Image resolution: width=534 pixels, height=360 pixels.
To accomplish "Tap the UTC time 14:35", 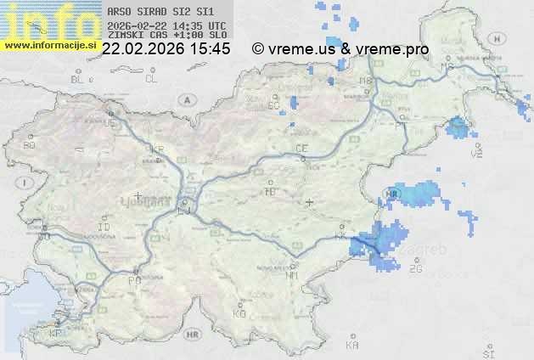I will point(191,25).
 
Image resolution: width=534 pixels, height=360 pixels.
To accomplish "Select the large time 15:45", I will point(210,49).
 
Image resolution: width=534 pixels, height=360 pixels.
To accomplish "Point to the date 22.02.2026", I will point(143,49).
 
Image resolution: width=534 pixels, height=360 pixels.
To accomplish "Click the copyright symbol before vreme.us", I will point(258,49).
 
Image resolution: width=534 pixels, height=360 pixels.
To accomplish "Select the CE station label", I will point(301,149).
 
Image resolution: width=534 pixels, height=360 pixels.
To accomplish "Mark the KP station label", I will point(56,334).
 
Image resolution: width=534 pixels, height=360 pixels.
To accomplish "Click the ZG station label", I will point(415,269).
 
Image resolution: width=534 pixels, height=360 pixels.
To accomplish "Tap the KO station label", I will point(239,313).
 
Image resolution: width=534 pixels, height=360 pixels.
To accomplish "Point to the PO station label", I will point(133,279).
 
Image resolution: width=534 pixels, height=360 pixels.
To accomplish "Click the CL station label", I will point(151,79).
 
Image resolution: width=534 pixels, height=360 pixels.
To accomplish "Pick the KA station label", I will point(352,346).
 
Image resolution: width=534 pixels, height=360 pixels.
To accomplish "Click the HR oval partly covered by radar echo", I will point(391,194).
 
